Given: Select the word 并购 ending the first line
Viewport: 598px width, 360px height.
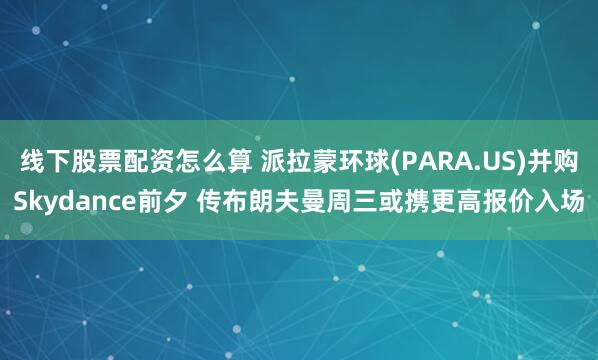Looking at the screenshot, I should tap(561, 162).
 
